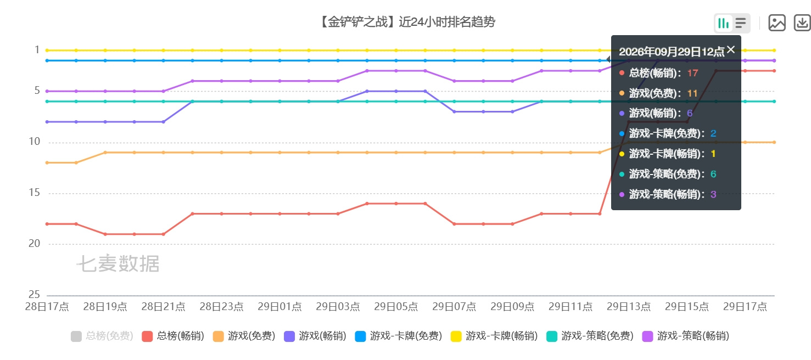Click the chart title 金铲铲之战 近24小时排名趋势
[x=407, y=22]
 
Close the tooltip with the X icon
[x=731, y=49]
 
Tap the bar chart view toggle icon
[x=723, y=23]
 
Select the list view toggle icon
[x=740, y=23]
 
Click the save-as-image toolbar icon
[x=776, y=23]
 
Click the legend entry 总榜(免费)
[x=102, y=336]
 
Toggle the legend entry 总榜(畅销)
[x=173, y=336]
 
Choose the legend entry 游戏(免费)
[x=244, y=336]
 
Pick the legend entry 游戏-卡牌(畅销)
[x=494, y=336]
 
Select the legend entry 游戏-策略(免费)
[x=590, y=336]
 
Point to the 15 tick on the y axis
[x=34, y=193]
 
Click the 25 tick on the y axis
[x=34, y=294]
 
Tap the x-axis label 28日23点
[x=221, y=307]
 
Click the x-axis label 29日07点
[x=454, y=307]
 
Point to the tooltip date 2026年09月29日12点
[x=672, y=52]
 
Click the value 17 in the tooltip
[x=692, y=73]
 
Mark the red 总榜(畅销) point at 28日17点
[x=47, y=224]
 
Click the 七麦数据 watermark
[x=118, y=263]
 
